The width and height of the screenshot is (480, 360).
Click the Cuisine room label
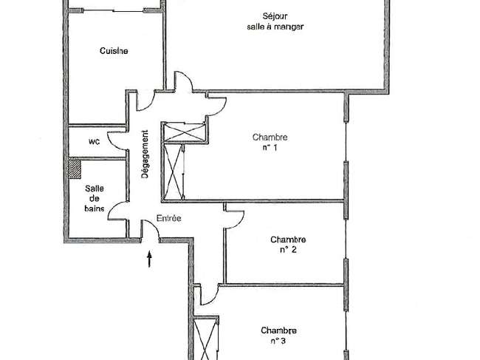tap(114, 50)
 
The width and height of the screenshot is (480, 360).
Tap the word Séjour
tap(275, 16)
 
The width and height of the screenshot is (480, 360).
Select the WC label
tap(94, 141)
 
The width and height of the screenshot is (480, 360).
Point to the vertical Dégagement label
tap(145, 154)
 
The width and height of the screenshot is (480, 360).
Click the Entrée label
tap(168, 218)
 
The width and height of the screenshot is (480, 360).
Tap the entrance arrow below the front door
tap(149, 259)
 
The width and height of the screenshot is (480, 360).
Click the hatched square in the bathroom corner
tap(74, 169)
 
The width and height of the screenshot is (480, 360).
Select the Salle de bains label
tap(95, 198)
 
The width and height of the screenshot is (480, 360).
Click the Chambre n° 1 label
tap(270, 142)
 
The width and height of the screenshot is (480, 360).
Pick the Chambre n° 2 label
tap(288, 244)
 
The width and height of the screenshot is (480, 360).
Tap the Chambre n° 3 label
tap(278, 336)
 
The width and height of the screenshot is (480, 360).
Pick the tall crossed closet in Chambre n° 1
tap(174, 172)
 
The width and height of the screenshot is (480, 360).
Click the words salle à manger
tap(275, 27)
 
